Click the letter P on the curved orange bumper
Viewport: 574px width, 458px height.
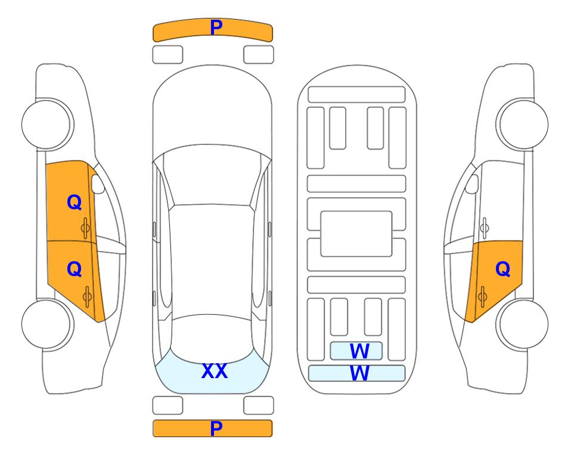click(x=216, y=27)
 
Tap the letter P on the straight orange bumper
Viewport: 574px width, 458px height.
click(x=216, y=428)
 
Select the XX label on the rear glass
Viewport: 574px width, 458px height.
click(x=215, y=371)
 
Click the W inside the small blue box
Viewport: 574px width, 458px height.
click(x=359, y=351)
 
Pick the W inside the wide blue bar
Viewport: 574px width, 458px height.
click(x=359, y=373)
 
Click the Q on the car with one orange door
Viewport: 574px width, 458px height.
click(x=502, y=270)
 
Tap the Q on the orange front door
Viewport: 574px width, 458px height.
click(x=75, y=202)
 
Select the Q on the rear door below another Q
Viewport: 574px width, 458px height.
click(x=75, y=270)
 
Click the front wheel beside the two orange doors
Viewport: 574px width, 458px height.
click(x=48, y=124)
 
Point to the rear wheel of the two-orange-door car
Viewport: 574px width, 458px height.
click(x=48, y=324)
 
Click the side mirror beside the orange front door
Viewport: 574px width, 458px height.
click(x=98, y=184)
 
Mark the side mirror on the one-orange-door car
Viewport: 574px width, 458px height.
click(x=472, y=184)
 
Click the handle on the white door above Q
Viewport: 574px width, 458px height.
click(x=485, y=228)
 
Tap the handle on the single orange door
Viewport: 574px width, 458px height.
click(x=482, y=296)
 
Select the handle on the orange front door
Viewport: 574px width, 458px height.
click(x=85, y=228)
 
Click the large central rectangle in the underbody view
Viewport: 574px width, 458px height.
click(x=356, y=234)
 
